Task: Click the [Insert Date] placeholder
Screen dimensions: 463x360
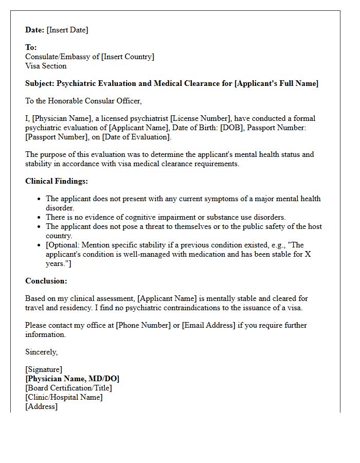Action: [67, 30]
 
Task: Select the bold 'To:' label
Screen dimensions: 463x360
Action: [31, 47]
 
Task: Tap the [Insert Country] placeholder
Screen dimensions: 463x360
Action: [128, 57]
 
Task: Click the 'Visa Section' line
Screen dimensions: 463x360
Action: [46, 66]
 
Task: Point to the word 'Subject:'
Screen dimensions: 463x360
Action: [40, 83]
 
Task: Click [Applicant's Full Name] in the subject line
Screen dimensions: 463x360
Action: [276, 83]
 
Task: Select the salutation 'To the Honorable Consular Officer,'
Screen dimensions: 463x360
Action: [83, 101]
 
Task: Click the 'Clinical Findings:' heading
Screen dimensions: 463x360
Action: [57, 181]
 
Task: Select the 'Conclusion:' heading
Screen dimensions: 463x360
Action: [46, 281]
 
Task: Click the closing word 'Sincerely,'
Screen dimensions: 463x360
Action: [42, 352]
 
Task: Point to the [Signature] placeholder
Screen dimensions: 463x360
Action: [44, 369]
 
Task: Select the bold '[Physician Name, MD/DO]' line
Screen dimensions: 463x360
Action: [73, 379]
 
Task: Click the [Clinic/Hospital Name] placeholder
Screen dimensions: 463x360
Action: [64, 397]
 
